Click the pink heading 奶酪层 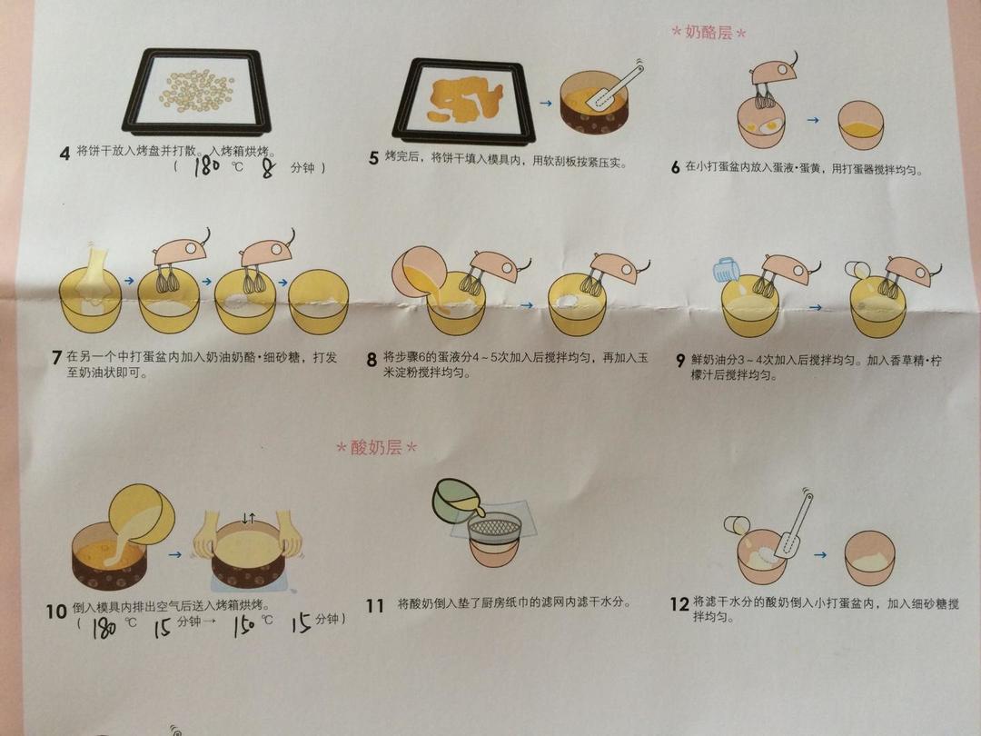pos(708,32)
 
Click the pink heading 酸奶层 pos(376,447)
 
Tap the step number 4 pos(64,154)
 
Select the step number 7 pos(57,357)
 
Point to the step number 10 pos(56,611)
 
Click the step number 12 pos(679,604)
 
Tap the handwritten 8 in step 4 pos(268,168)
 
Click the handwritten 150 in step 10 pos(244,624)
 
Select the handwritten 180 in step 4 pos(207,166)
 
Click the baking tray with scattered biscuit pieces pos(198,91)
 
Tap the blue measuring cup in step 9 pos(727,268)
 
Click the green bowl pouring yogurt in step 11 pos(458,500)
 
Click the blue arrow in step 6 pos(813,120)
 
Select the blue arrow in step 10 pos(175,554)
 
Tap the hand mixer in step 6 pos(774,78)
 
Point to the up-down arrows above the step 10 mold pos(249,518)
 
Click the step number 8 pos(372,359)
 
